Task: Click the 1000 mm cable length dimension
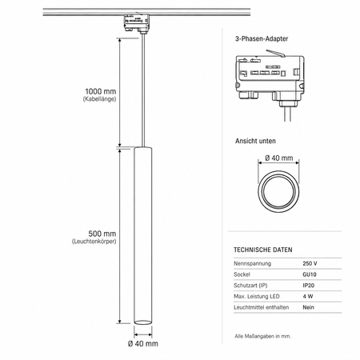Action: (x=101, y=91)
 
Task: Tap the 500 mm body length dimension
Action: (x=102, y=234)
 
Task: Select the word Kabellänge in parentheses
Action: (x=99, y=99)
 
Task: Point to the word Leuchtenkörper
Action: (x=94, y=242)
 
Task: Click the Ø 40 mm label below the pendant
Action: (x=143, y=344)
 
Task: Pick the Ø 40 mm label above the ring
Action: (x=279, y=158)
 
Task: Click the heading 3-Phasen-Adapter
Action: (x=262, y=38)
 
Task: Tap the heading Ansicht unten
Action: (x=255, y=141)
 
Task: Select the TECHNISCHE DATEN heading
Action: (x=263, y=250)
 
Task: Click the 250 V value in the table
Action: (x=310, y=263)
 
